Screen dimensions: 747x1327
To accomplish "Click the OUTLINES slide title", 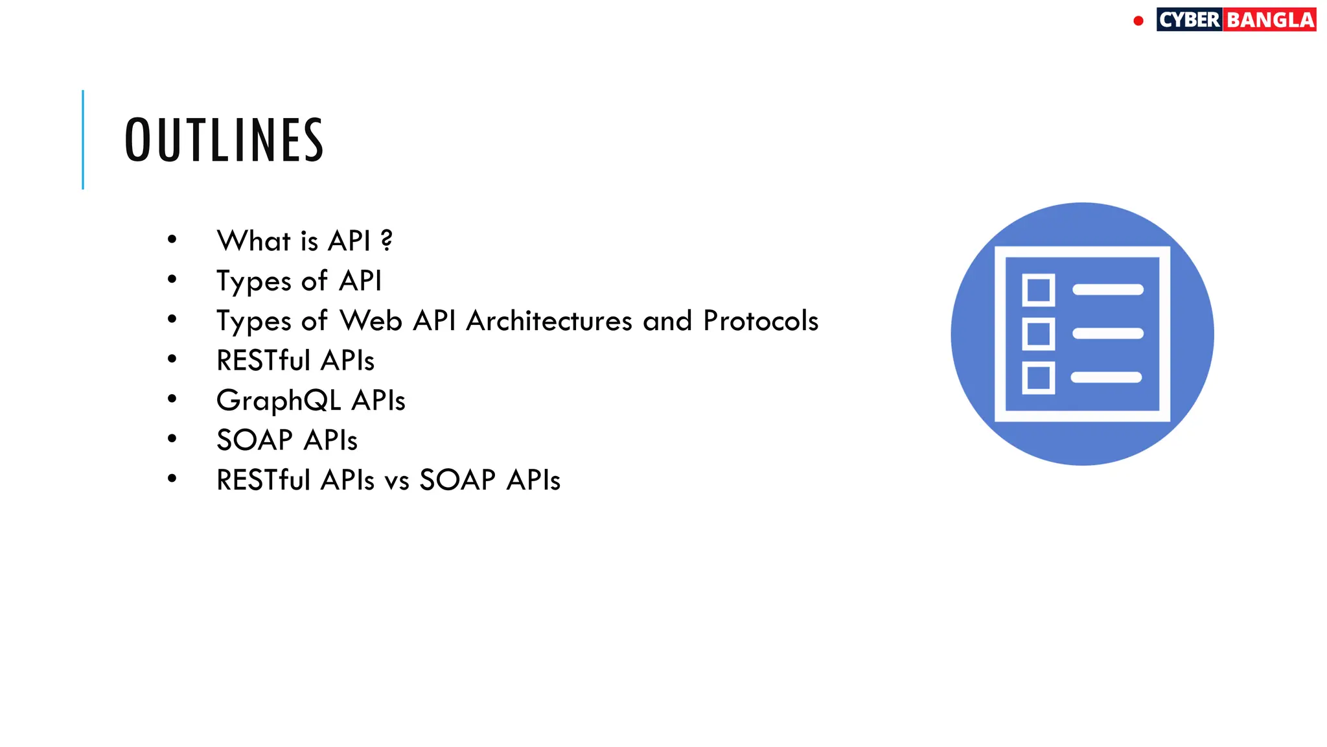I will (224, 140).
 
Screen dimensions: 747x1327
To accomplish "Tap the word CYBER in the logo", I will (1190, 20).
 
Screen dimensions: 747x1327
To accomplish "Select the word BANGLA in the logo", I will (1270, 20).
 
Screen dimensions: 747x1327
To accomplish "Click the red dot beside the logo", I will (1138, 21).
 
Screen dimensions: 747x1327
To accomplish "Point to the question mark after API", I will (387, 241).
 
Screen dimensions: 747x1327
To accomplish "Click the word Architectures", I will (549, 321).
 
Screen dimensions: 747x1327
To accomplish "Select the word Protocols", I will (761, 321).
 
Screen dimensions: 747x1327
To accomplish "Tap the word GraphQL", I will (279, 401).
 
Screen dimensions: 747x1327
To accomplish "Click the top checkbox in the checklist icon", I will (1038, 290).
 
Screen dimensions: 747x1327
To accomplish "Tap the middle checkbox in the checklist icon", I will (1038, 334).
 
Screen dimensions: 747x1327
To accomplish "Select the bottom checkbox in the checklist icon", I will (1038, 378).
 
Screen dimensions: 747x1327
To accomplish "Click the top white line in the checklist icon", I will (1108, 290).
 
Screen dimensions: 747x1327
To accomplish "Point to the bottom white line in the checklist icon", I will (1106, 377).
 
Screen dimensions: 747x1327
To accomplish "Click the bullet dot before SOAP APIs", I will (172, 439).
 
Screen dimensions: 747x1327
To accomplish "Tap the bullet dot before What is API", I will (172, 239).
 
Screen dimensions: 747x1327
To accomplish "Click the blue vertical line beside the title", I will (83, 139).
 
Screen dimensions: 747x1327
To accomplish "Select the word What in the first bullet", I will (253, 241).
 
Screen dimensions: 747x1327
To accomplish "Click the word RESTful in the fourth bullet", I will (263, 361).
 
